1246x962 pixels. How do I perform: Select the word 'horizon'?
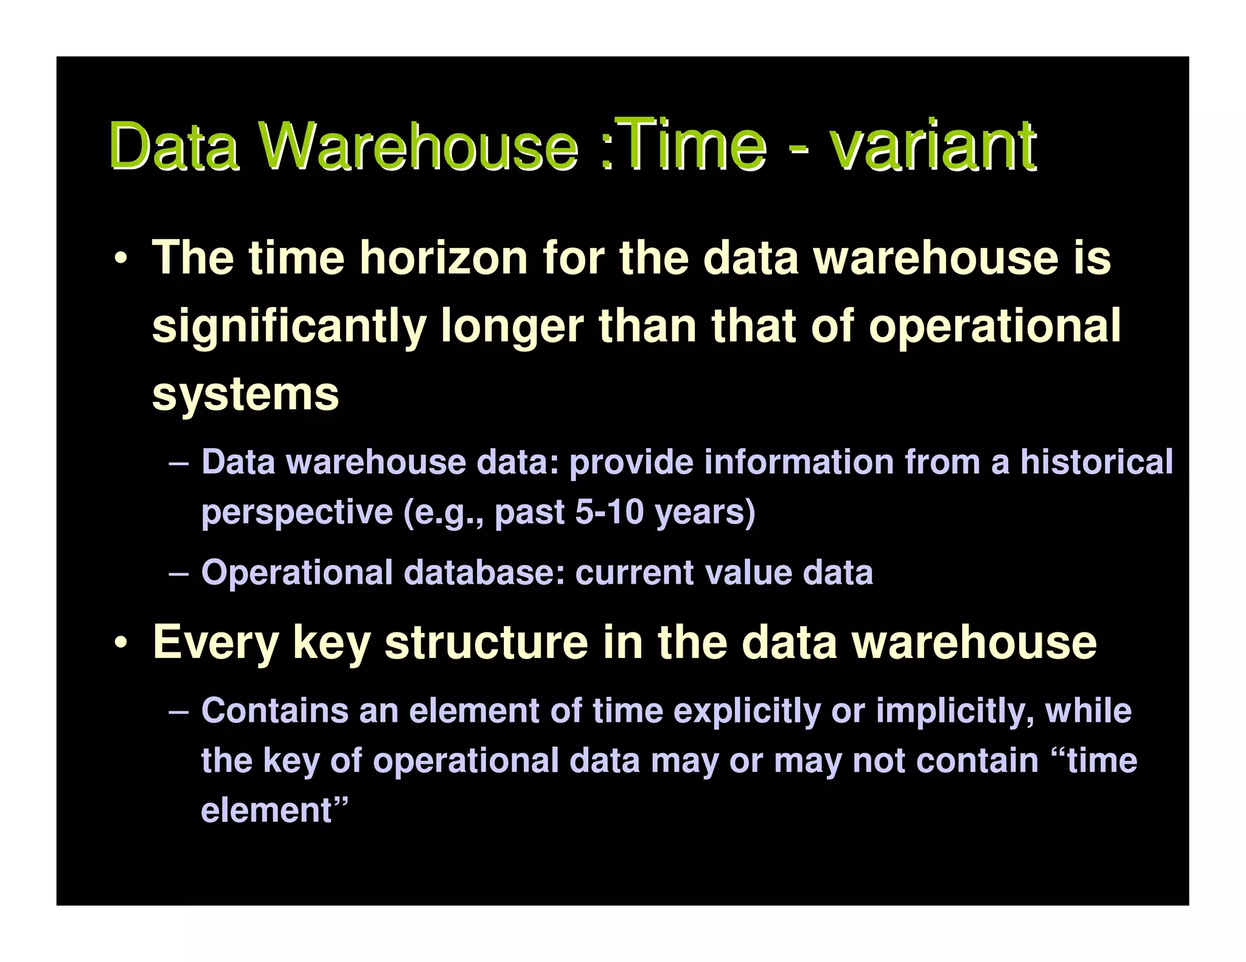pos(444,258)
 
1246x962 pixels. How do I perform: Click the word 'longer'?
pos(512,327)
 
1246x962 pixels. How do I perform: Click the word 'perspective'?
pos(297,512)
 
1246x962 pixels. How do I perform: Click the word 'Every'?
pos(215,642)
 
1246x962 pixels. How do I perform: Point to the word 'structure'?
pos(486,642)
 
